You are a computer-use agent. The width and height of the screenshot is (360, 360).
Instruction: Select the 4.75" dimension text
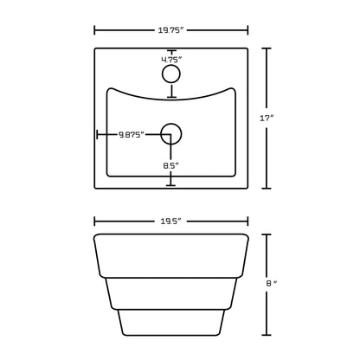(x=171, y=60)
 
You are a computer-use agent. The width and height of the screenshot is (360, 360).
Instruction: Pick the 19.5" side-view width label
(x=170, y=220)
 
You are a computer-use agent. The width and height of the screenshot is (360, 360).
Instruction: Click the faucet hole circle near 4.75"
(x=171, y=76)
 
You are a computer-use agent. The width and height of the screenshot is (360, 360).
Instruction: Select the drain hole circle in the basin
(x=171, y=134)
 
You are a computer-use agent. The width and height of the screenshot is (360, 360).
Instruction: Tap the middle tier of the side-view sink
(x=170, y=292)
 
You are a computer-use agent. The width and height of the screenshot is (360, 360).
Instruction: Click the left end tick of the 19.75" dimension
(x=94, y=30)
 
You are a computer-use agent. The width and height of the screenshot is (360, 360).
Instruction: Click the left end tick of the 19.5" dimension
(x=94, y=220)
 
